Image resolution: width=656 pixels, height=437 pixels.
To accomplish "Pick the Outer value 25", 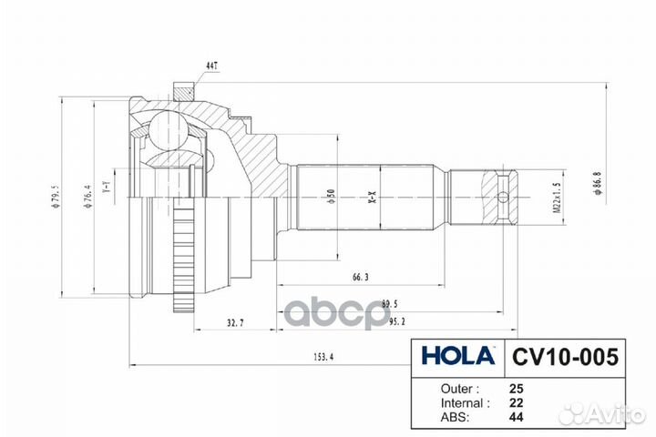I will pyautogui.click(x=518, y=387).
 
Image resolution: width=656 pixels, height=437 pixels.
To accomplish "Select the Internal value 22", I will pyautogui.click(x=518, y=401).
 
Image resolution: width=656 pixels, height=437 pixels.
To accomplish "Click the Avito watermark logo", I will pyautogui.click(x=602, y=414).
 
